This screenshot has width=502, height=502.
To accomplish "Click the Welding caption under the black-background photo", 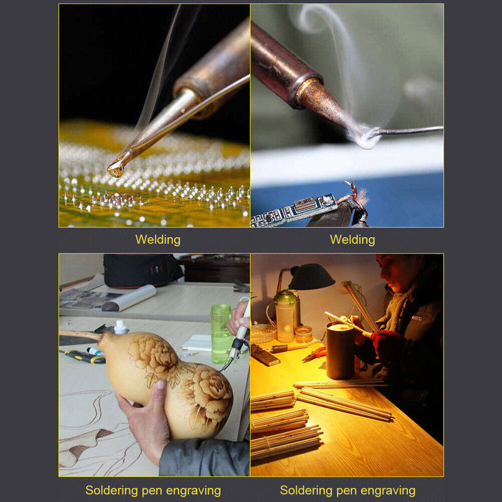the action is (158, 240).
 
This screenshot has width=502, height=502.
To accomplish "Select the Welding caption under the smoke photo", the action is (353, 240).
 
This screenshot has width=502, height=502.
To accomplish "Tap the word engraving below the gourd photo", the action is (193, 491).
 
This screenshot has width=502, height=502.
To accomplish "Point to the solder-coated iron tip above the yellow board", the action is (116, 169).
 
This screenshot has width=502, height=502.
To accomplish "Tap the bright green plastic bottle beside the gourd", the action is (221, 334).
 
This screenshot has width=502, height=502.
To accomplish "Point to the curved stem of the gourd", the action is (80, 334).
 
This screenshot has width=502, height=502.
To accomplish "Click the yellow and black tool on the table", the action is (84, 356).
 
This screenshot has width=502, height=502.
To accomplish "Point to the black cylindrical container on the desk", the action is (340, 351).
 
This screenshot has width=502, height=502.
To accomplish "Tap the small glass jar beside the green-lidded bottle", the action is (303, 334).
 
